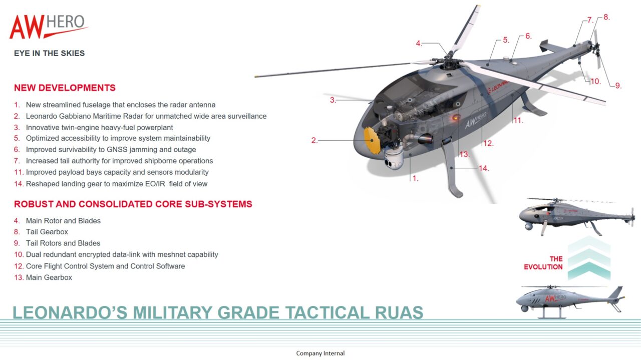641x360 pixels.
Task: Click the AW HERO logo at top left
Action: [49, 27]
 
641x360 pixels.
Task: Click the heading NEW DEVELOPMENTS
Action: [65, 88]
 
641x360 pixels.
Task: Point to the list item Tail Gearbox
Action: [47, 232]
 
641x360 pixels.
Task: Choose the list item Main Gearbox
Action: [49, 277]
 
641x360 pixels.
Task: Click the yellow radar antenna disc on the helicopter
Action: [372, 141]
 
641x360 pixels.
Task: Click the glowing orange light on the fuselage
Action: [456, 117]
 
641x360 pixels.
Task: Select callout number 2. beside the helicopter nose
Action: [314, 141]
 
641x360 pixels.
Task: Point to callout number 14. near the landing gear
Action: [484, 168]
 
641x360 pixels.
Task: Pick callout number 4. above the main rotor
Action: [419, 44]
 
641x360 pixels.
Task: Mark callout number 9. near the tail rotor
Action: [618, 86]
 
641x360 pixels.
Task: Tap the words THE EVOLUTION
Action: [543, 263]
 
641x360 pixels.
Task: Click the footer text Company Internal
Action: [320, 353]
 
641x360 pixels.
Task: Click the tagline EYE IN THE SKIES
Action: [49, 53]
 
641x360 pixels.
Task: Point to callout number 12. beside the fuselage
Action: [488, 143]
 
